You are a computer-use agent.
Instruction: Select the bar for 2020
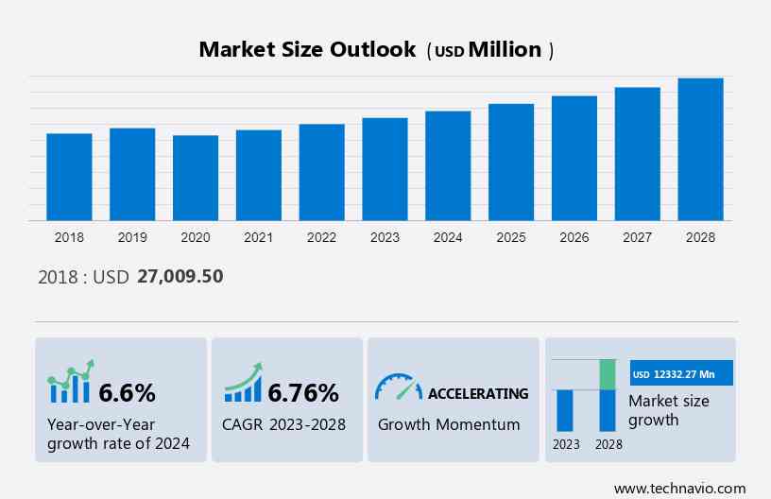pyautogui.click(x=196, y=178)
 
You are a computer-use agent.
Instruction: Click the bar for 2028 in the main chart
pyautogui.click(x=700, y=149)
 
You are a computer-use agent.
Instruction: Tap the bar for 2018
pyautogui.click(x=69, y=177)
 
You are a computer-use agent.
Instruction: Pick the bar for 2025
pyautogui.click(x=511, y=162)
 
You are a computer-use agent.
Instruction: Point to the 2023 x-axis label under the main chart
pyautogui.click(x=385, y=237)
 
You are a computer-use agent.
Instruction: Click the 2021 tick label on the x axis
pyautogui.click(x=258, y=237)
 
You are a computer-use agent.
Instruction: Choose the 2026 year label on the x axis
pyautogui.click(x=574, y=237)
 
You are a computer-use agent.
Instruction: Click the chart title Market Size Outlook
pyautogui.click(x=307, y=50)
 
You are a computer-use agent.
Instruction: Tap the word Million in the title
pyautogui.click(x=505, y=50)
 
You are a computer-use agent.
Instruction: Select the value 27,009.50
pyautogui.click(x=180, y=277)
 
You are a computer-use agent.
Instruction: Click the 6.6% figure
pyautogui.click(x=127, y=392)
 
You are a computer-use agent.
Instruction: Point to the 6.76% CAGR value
pyautogui.click(x=302, y=392)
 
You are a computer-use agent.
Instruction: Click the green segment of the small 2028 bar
pyautogui.click(x=608, y=374)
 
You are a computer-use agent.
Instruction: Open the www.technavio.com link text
pyautogui.click(x=679, y=488)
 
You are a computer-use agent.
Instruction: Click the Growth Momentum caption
pyautogui.click(x=449, y=424)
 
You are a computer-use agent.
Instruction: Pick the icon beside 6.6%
pyautogui.click(x=71, y=382)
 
